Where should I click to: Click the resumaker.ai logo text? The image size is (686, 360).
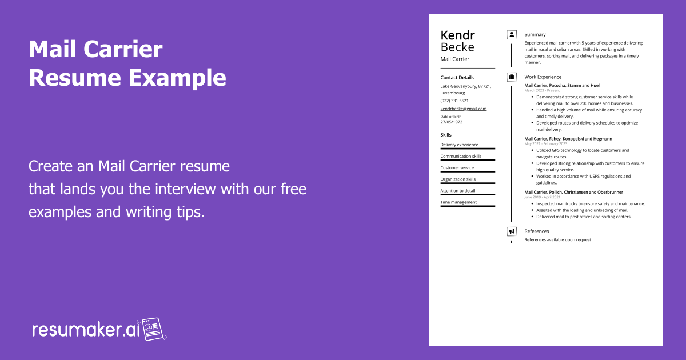coord(86,330)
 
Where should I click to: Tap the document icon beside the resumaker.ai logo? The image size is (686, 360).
coord(153,329)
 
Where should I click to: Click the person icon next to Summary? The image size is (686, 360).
coord(512,35)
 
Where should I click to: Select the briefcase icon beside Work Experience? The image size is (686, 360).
coord(512,77)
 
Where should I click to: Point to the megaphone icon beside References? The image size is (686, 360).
coord(512,231)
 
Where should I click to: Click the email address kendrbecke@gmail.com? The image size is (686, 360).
coord(464,109)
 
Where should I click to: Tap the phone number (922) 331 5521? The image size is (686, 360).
coord(454,101)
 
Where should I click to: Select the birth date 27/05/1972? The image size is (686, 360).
coord(452,122)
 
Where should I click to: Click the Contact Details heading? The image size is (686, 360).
coord(457,78)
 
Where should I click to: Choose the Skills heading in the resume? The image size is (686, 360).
coord(446,135)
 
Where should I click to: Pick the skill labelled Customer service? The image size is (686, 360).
coord(457,168)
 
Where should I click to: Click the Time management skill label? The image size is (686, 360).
coord(458,202)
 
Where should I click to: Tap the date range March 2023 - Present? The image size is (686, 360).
coord(542,90)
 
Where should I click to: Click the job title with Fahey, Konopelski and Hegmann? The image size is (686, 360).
coord(568,139)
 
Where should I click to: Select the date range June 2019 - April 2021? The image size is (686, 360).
coord(542,197)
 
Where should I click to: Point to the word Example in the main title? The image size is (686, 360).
coord(177,78)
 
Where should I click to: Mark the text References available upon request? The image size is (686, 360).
coord(558,239)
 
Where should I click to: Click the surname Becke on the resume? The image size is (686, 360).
coord(457,47)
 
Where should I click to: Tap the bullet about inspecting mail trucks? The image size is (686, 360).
coord(591,203)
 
